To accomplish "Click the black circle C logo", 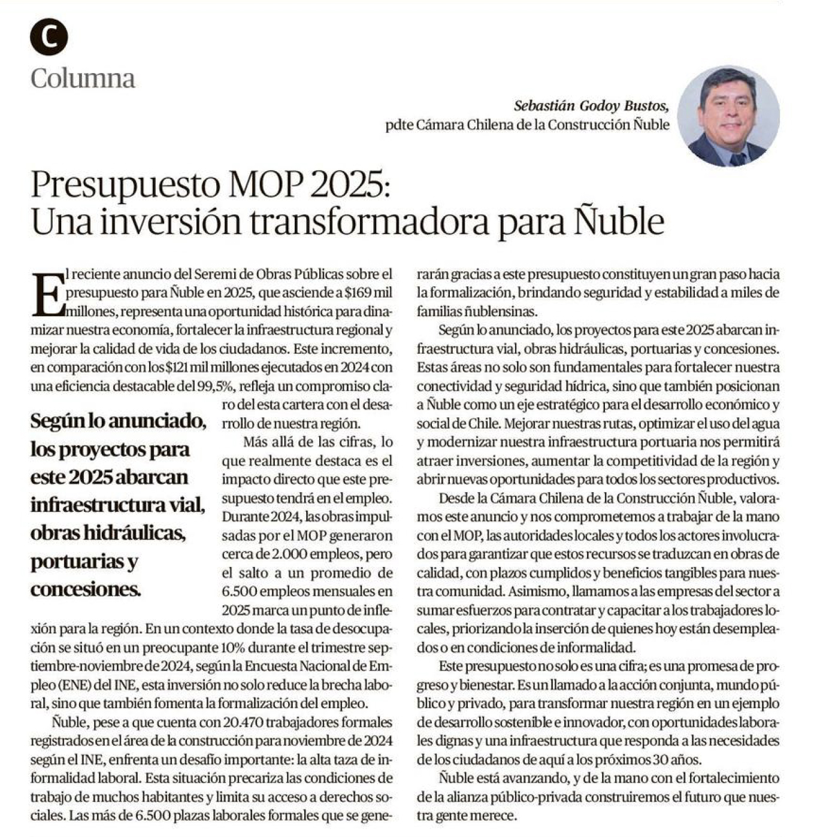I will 49,37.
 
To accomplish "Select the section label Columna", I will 83,78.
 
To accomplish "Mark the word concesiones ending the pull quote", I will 86,589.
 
